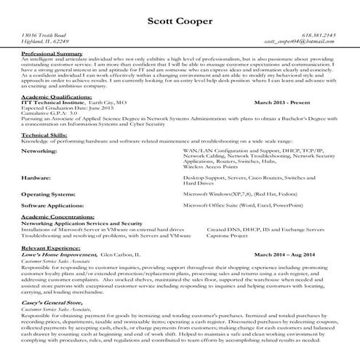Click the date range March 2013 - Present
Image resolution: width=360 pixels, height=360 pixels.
[x=285, y=103]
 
